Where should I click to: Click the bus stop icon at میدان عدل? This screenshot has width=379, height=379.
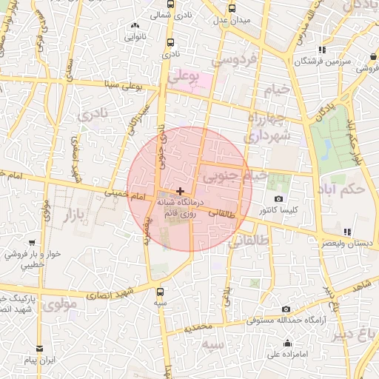pos(232,9)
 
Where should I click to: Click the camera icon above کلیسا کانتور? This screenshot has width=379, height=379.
pos(278,198)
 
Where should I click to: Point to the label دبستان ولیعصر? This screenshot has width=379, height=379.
pos(347,242)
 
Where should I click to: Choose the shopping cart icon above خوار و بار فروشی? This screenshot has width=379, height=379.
pos(32,242)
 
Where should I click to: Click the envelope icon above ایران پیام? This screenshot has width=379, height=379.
pos(39,348)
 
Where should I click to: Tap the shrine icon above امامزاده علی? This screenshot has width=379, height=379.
pos(287,343)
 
